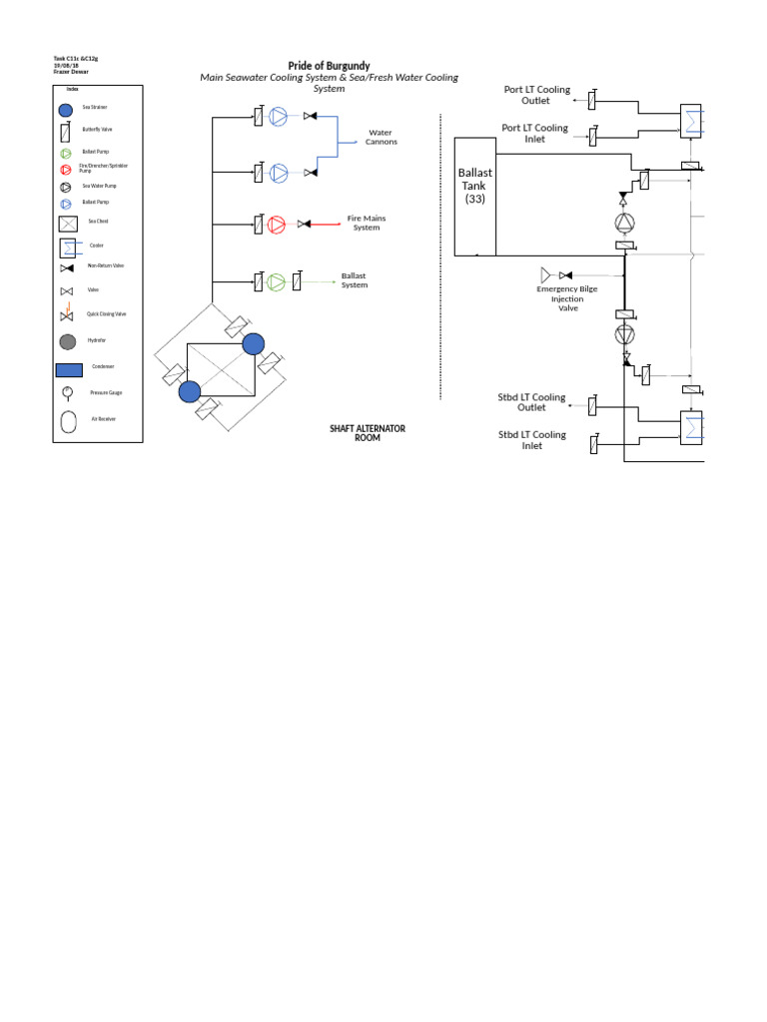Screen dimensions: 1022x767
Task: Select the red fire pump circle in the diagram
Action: [277, 225]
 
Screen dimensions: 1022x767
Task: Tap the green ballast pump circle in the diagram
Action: [277, 282]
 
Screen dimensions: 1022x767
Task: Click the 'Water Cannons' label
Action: [382, 137]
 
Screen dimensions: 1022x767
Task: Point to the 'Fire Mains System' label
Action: [367, 223]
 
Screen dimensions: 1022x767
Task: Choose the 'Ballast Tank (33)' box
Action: [475, 198]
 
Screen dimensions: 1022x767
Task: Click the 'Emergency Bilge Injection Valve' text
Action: [567, 298]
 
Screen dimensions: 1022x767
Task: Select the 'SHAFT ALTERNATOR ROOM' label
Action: [368, 433]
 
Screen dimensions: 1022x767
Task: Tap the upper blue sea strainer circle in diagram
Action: [254, 344]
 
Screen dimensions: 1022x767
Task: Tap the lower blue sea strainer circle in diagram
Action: [190, 391]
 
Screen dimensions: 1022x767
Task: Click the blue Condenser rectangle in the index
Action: [67, 367]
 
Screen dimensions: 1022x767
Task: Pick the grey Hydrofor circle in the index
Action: [67, 342]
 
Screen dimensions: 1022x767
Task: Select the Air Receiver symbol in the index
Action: [67, 420]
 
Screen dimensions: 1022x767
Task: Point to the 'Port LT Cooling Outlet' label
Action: [535, 95]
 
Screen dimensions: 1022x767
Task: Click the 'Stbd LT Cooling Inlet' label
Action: [531, 440]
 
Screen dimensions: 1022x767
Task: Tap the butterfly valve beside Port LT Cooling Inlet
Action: [593, 135]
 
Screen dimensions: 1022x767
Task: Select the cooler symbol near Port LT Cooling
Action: [691, 120]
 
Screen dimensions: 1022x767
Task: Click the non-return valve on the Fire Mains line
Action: [303, 225]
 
